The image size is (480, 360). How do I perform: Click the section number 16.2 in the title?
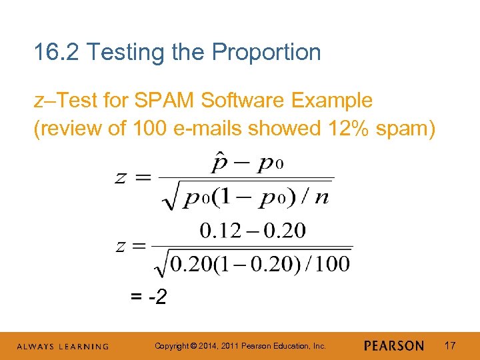(57, 52)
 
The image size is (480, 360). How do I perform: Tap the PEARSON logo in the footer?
(394, 346)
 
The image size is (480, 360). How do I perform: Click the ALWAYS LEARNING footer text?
(63, 347)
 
